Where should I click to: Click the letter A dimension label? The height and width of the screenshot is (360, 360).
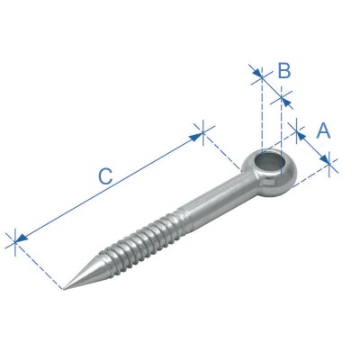[x=324, y=130]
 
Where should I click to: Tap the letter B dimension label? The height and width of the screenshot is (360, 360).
[x=283, y=69]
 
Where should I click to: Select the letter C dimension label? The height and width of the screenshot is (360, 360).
[x=104, y=177]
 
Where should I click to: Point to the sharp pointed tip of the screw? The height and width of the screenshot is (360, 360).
[x=65, y=289]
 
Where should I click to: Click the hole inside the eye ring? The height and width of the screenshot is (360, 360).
[x=268, y=164]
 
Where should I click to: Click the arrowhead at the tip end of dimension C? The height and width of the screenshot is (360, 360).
[x=18, y=239]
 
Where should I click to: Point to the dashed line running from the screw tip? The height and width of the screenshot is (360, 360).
[x=40, y=265]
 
